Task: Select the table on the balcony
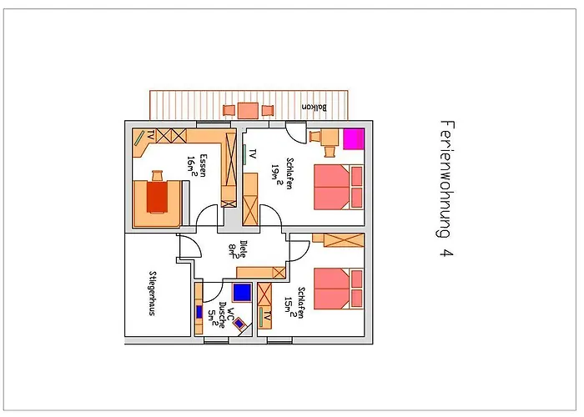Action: (x=247, y=110)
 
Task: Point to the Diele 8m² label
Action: (x=237, y=251)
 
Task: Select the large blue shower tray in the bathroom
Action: (x=242, y=292)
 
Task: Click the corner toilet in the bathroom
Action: (x=240, y=324)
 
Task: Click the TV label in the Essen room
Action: (x=150, y=135)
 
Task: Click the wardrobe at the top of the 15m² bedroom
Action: (x=343, y=240)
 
